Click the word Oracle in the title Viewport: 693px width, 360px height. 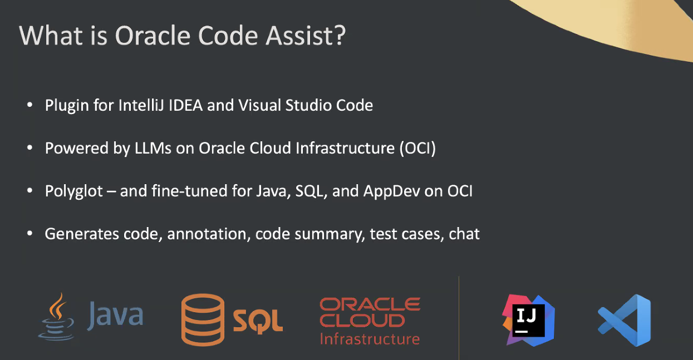click(153, 35)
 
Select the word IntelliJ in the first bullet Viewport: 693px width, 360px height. click(141, 105)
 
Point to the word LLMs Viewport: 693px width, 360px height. click(153, 148)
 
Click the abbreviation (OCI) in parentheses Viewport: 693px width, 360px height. click(417, 149)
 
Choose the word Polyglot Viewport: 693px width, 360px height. click(73, 191)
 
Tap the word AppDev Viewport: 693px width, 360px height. click(391, 191)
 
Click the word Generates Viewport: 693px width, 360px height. click(82, 234)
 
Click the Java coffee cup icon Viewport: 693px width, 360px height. click(56, 317)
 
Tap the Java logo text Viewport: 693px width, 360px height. click(115, 315)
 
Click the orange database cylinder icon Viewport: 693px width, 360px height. click(203, 320)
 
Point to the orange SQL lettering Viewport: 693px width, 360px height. click(258, 322)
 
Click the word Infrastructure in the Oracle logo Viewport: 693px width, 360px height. click(370, 339)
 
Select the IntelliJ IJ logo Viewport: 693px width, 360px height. click(528, 320)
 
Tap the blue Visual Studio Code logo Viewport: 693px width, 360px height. click(625, 320)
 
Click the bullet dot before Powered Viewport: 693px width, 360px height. click(30, 148)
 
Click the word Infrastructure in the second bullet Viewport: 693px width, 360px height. click(345, 148)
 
